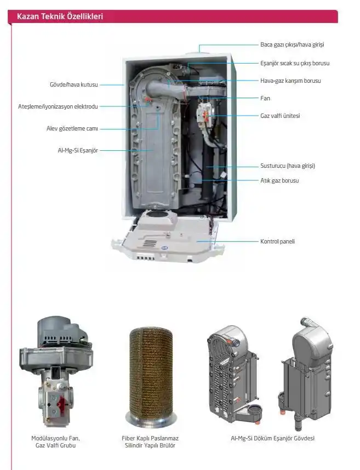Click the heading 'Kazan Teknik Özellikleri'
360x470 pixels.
pyautogui.click(x=60, y=16)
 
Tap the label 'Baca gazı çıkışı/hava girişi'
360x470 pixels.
pyautogui.click(x=292, y=44)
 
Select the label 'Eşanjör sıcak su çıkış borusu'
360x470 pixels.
pyautogui.click(x=295, y=63)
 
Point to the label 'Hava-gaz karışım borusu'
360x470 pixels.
pyautogui.click(x=290, y=81)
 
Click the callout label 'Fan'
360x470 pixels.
pyautogui.click(x=265, y=98)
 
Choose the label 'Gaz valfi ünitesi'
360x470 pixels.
pyautogui.click(x=280, y=116)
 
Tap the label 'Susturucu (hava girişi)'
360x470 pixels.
pyautogui.click(x=288, y=166)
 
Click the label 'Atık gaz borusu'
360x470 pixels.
pyautogui.click(x=279, y=180)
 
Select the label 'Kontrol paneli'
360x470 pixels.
pyautogui.click(x=277, y=241)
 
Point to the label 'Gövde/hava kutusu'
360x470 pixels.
pyautogui.click(x=73, y=84)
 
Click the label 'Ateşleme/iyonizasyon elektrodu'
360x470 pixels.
pyautogui.click(x=58, y=106)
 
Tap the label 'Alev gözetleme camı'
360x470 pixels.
pyautogui.click(x=72, y=128)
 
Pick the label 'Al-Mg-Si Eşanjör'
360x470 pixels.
pyautogui.click(x=78, y=150)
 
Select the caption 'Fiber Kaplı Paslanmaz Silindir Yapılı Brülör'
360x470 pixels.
pyautogui.click(x=150, y=442)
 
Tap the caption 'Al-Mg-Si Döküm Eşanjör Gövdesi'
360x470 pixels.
pyautogui.click(x=272, y=438)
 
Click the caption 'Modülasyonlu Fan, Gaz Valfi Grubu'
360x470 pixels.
pyautogui.click(x=56, y=442)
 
